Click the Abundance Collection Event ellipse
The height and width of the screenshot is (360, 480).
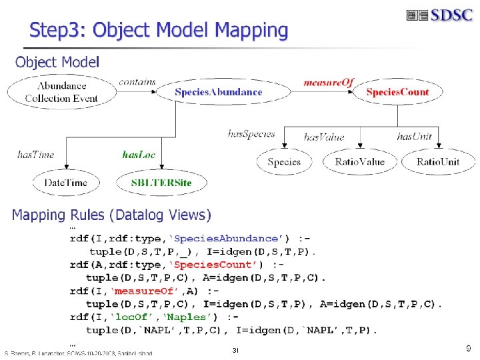(x=61, y=92)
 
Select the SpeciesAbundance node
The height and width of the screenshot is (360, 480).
(x=218, y=92)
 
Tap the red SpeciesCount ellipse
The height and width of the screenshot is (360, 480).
(x=397, y=92)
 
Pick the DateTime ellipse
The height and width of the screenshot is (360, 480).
(x=65, y=183)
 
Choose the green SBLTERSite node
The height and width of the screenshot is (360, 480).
(x=161, y=183)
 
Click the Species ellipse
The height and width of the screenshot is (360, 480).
(x=284, y=162)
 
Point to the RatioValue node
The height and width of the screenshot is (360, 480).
(x=360, y=162)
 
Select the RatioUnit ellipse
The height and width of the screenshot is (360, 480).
(x=437, y=162)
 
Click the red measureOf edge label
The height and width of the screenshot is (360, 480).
(x=328, y=83)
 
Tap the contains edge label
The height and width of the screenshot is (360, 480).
(x=137, y=82)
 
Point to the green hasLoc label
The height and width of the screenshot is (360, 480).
(x=139, y=155)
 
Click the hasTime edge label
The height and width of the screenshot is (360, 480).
(x=35, y=155)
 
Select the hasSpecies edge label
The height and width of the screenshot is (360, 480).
(x=251, y=133)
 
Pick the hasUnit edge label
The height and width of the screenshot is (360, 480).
(x=415, y=137)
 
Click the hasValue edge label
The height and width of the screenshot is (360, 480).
(x=324, y=137)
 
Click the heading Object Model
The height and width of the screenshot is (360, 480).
(x=57, y=63)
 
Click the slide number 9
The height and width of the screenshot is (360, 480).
(x=467, y=348)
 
